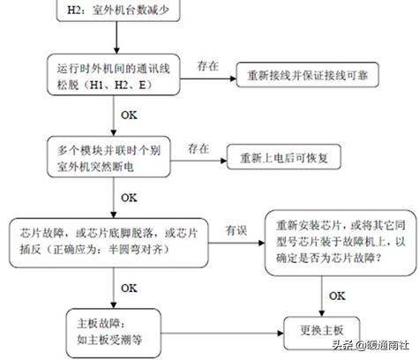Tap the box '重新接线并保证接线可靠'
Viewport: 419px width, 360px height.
tap(306, 77)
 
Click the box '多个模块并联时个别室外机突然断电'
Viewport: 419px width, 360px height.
tap(114, 159)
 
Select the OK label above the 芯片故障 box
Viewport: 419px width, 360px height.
tap(129, 196)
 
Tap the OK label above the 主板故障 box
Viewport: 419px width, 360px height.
tap(129, 287)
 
